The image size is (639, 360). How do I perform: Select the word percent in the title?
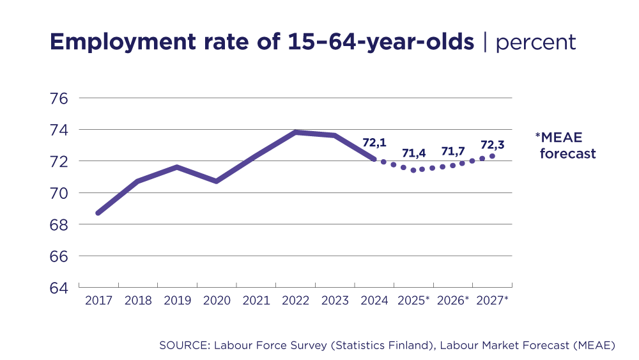[535, 42]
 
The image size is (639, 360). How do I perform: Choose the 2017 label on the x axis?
[98, 301]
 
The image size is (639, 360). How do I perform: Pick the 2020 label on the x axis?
[217, 301]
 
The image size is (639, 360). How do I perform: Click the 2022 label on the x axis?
[295, 301]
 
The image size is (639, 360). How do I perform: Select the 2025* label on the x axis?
[413, 301]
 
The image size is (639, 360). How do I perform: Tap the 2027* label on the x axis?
[492, 301]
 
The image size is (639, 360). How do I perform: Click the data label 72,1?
[375, 143]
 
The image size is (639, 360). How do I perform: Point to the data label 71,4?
[414, 153]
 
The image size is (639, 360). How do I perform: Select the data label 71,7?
[453, 152]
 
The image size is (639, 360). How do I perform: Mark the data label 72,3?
[491, 145]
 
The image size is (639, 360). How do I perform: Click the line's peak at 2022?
[295, 132]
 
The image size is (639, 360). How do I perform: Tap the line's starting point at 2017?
[98, 213]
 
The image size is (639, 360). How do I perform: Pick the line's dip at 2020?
[217, 182]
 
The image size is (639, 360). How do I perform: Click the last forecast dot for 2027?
[492, 156]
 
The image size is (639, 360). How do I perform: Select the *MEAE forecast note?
[566, 145]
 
